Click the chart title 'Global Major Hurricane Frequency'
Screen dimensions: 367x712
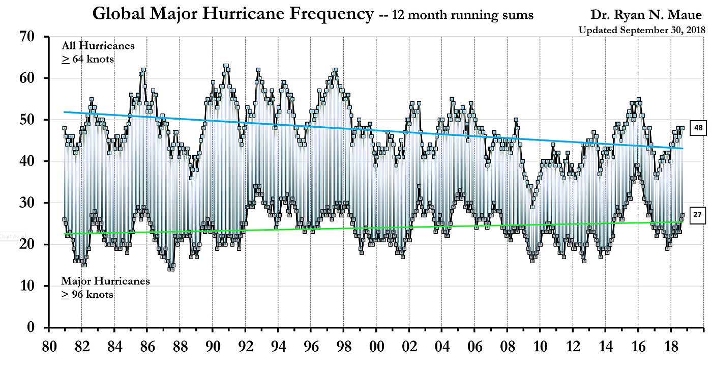[233, 14]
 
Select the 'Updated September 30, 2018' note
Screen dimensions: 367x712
[642, 30]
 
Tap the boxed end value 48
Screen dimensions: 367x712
[698, 129]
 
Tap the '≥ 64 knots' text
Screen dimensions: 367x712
[87, 59]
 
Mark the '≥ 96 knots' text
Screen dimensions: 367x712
[87, 294]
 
